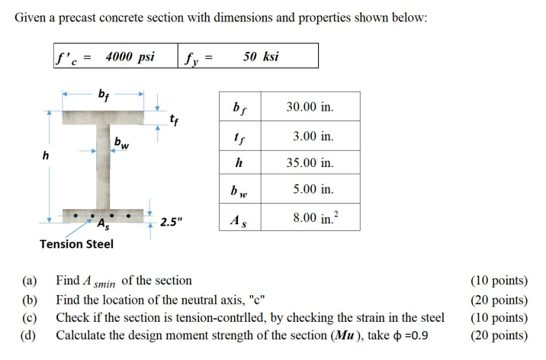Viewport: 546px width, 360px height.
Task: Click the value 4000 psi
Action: pyautogui.click(x=130, y=56)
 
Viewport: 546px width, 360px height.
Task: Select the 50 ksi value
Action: pyautogui.click(x=261, y=56)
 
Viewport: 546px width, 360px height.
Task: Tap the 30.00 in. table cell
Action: pyautogui.click(x=310, y=108)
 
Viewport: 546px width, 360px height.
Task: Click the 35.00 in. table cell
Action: pyautogui.click(x=310, y=162)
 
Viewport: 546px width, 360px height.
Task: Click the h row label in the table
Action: pyautogui.click(x=239, y=162)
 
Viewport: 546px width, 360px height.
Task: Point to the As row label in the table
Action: pyautogui.click(x=239, y=219)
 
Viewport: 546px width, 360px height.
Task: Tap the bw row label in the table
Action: pyautogui.click(x=239, y=191)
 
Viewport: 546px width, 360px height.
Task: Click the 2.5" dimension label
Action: pyautogui.click(x=171, y=222)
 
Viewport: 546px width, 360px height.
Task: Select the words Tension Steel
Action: pyautogui.click(x=76, y=243)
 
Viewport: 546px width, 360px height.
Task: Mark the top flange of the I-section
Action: pyautogui.click(x=103, y=119)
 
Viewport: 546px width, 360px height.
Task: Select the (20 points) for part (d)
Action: pyautogui.click(x=499, y=336)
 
